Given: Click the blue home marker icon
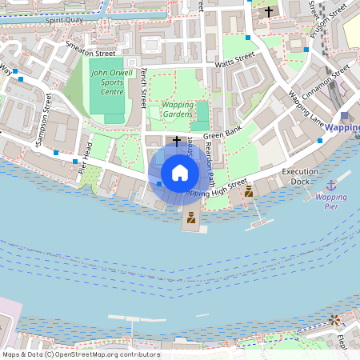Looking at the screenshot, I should [180, 172].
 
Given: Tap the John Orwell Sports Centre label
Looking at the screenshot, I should [106, 82].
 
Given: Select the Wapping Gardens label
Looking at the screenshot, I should [178, 110].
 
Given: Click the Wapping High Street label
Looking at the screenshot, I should [215, 189].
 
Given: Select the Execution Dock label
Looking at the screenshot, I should [300, 177].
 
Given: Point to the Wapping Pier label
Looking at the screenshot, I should [330, 201].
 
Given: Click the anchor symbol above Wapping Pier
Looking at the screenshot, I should [330, 185].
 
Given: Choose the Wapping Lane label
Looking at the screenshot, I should [306, 110].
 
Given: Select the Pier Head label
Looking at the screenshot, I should [86, 157].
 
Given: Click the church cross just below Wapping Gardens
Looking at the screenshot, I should [177, 140].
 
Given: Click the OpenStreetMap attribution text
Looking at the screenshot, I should [81, 354].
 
